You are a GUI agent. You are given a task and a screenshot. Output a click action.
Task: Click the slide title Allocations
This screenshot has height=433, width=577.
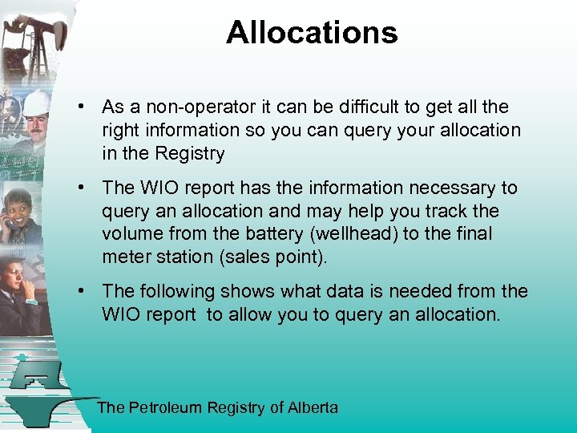click(x=312, y=33)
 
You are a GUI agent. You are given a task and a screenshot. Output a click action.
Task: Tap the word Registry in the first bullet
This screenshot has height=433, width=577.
click(x=190, y=154)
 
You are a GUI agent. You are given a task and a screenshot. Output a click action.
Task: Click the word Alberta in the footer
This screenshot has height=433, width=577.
click(x=313, y=408)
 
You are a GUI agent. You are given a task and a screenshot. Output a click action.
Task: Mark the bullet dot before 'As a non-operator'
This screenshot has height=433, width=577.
click(x=83, y=107)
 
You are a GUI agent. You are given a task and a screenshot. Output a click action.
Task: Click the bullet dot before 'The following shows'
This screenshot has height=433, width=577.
click(x=83, y=292)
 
